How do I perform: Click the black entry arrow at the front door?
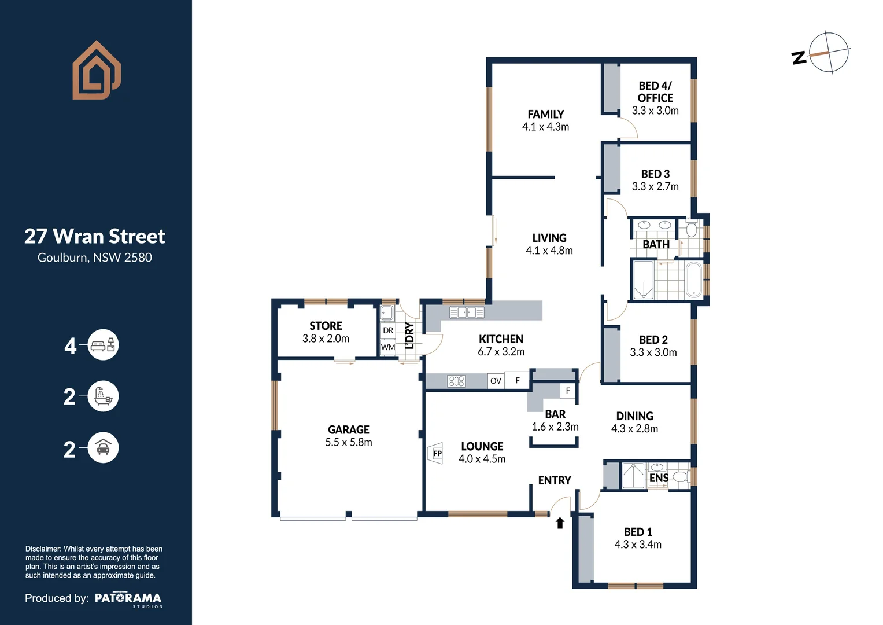pyautogui.click(x=560, y=523)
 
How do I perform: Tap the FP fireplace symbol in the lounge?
pyautogui.click(x=435, y=453)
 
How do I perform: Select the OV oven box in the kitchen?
pyautogui.click(x=496, y=381)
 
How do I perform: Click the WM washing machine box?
pyautogui.click(x=388, y=347)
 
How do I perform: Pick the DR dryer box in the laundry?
pyautogui.click(x=388, y=330)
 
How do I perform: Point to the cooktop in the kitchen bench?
pyautogui.click(x=456, y=381)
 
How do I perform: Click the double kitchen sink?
pyautogui.click(x=467, y=312)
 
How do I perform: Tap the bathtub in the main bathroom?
pyautogui.click(x=694, y=280)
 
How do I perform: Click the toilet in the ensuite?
pyautogui.click(x=681, y=477)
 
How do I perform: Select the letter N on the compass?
pyautogui.click(x=799, y=58)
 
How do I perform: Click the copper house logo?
pyautogui.click(x=97, y=70)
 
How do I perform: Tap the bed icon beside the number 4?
pyautogui.click(x=103, y=344)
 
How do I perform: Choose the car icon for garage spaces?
pyautogui.click(x=103, y=447)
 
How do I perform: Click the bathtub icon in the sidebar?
pyautogui.click(x=103, y=396)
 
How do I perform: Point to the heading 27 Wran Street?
pyautogui.click(x=95, y=236)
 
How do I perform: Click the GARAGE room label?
pyautogui.click(x=349, y=429)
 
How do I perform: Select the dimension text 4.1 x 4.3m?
pyautogui.click(x=545, y=127)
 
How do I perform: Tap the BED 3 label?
pyautogui.click(x=655, y=174)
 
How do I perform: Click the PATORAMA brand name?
pyautogui.click(x=128, y=598)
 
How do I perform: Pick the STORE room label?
pyautogui.click(x=326, y=326)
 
